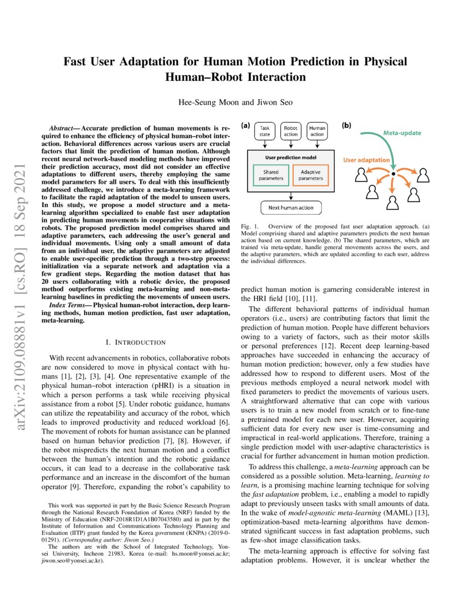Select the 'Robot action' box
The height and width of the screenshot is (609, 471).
click(291, 131)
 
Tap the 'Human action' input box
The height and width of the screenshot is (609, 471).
click(317, 131)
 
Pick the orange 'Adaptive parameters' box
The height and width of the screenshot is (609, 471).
click(310, 175)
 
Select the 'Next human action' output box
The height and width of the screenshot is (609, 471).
click(290, 208)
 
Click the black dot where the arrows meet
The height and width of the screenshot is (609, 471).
click(392, 174)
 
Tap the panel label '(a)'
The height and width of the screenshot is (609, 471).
click(245, 126)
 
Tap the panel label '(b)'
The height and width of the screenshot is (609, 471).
click(346, 126)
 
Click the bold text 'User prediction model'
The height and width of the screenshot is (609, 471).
click(290, 157)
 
